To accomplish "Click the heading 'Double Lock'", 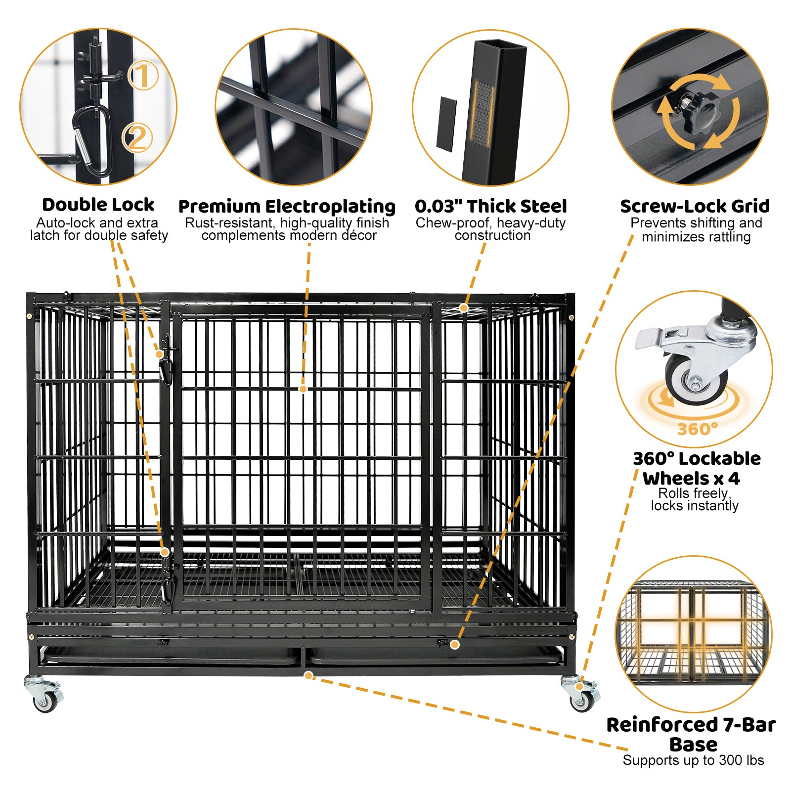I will point(98,205).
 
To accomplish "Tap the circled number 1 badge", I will point(143,76).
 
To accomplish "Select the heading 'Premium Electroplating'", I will point(287,206).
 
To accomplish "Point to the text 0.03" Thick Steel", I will point(490,206).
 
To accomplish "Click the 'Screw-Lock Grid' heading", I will point(695,206).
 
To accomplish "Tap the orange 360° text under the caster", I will point(697,429).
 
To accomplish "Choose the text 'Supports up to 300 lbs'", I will point(693,760).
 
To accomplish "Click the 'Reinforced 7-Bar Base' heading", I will point(692,734).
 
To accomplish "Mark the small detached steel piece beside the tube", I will point(446,124).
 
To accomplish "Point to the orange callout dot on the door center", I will point(303,389).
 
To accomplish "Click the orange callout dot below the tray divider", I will point(308,675).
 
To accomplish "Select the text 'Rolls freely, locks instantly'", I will point(694,499).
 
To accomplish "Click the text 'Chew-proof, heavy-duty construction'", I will point(490,229).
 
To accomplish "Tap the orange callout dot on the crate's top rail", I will point(463,308).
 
